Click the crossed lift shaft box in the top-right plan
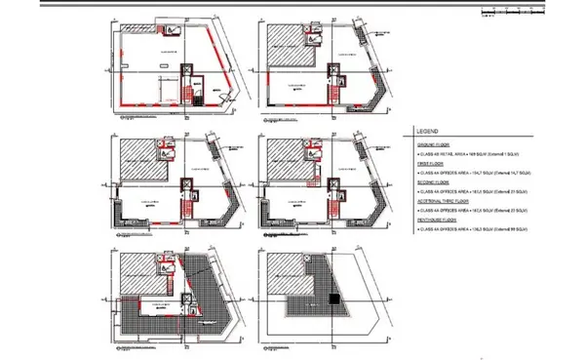[x=336, y=72]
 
